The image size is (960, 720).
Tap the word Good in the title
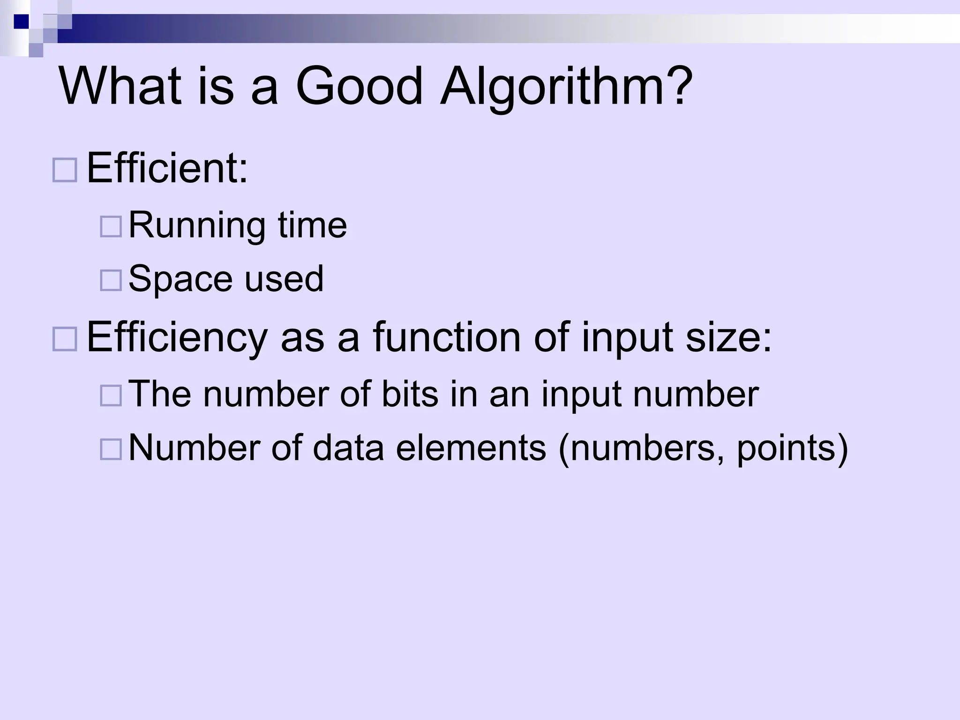[359, 87]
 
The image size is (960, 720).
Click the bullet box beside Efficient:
[65, 170]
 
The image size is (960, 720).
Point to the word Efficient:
[167, 169]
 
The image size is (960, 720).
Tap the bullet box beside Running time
[111, 226]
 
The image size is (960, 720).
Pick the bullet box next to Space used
[111, 280]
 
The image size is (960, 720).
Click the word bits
[410, 394]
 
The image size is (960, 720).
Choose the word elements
[471, 448]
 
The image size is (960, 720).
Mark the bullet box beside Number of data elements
[111, 449]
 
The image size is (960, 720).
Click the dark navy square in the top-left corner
[21, 22]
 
